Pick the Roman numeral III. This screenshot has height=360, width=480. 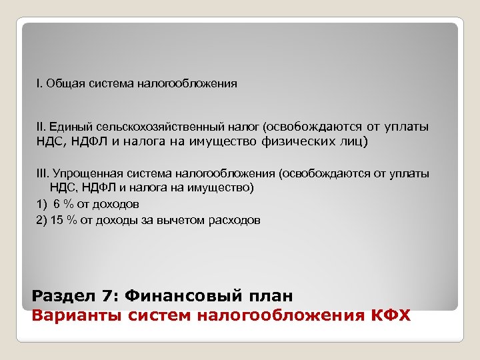point(42,173)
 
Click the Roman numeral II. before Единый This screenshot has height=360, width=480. point(41,126)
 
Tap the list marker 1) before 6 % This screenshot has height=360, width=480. point(42,204)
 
